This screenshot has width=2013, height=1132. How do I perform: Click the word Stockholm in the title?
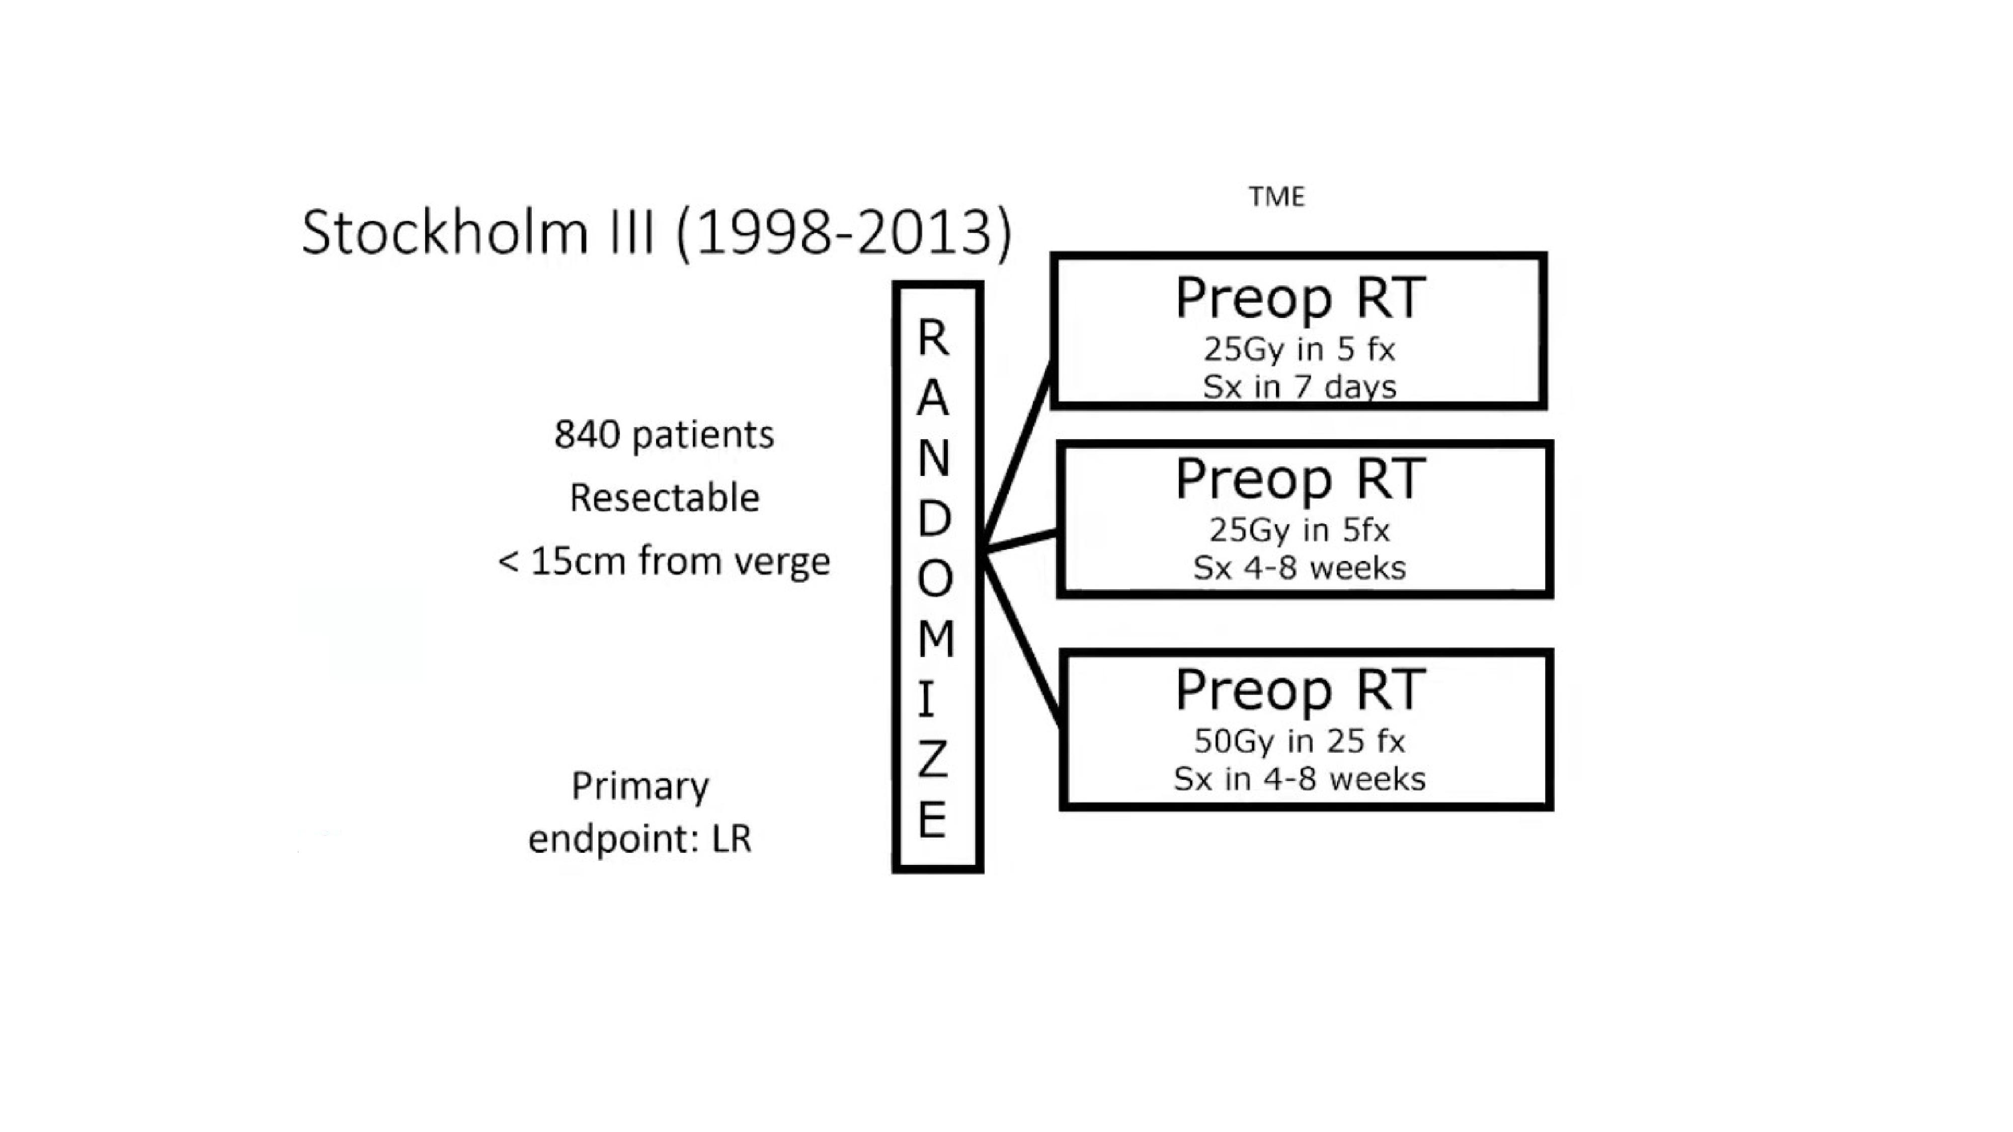445,232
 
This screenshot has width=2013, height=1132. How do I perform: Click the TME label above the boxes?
1277,197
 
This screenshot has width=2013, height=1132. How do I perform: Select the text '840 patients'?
664,435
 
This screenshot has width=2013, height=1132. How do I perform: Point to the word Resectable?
664,498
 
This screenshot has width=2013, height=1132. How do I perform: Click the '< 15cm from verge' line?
664,561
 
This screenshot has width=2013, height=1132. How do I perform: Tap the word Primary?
640,786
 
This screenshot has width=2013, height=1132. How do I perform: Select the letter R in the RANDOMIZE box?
934,338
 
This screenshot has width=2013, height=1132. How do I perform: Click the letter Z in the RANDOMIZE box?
934,759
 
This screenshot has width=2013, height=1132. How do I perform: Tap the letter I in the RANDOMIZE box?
927,699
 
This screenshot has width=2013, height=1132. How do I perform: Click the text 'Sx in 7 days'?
1300,387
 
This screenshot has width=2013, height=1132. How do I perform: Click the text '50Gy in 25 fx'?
1300,741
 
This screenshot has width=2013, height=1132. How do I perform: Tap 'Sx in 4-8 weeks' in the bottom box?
1300,779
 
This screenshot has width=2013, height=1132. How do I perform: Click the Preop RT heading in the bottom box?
1300,691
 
